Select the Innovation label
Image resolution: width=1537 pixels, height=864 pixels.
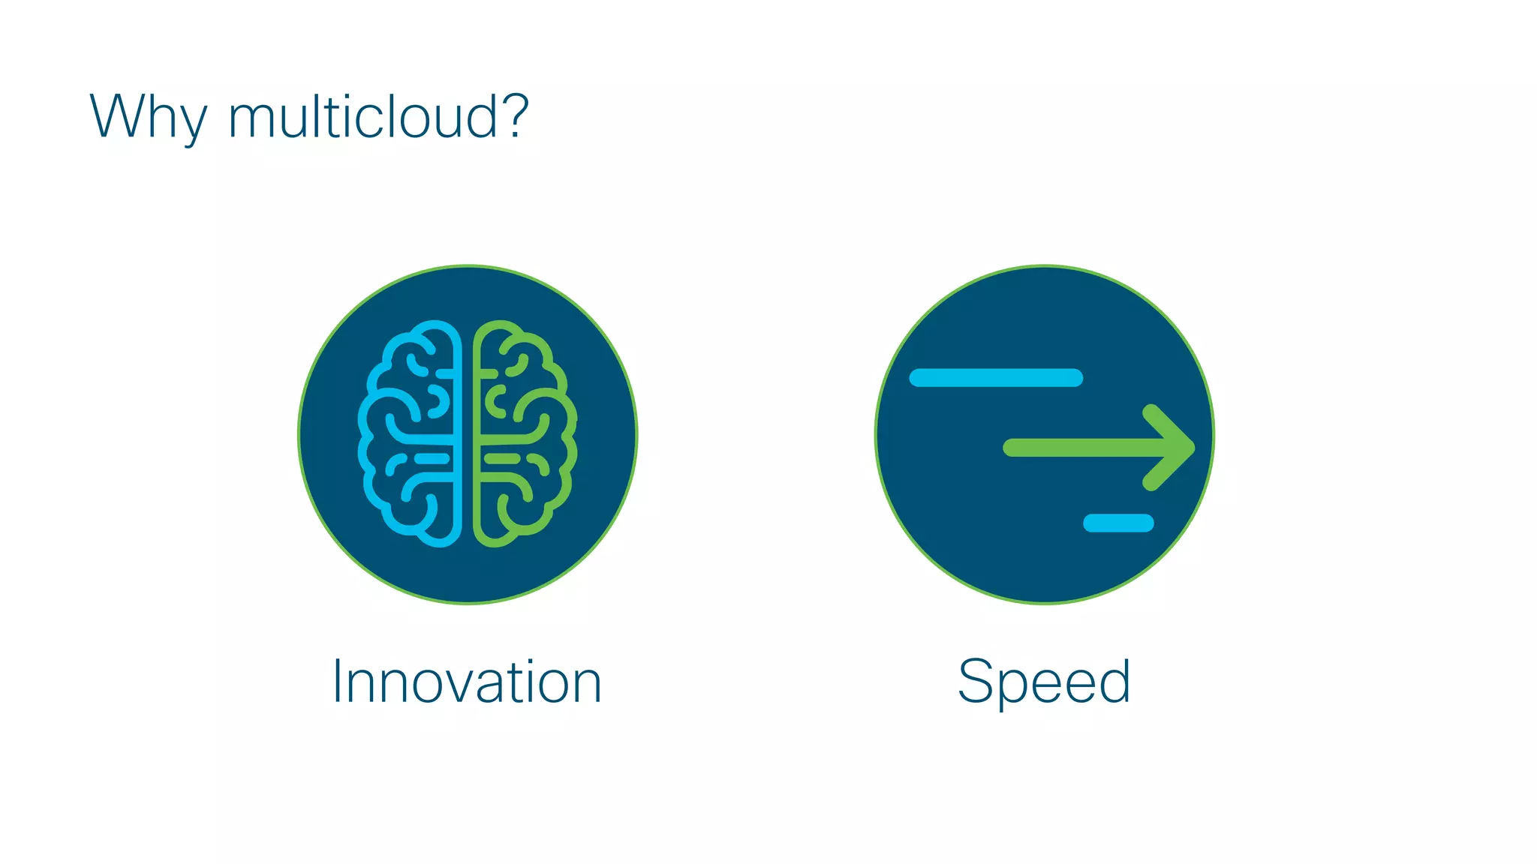tap(467, 682)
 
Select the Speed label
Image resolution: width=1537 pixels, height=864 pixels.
tap(1044, 682)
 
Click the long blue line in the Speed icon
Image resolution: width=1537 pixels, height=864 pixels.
tap(996, 377)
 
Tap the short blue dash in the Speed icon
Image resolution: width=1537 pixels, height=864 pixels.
tap(1118, 523)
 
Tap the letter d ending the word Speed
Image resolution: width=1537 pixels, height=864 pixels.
tap(1114, 681)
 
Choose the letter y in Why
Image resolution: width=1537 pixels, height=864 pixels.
tap(192, 124)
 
